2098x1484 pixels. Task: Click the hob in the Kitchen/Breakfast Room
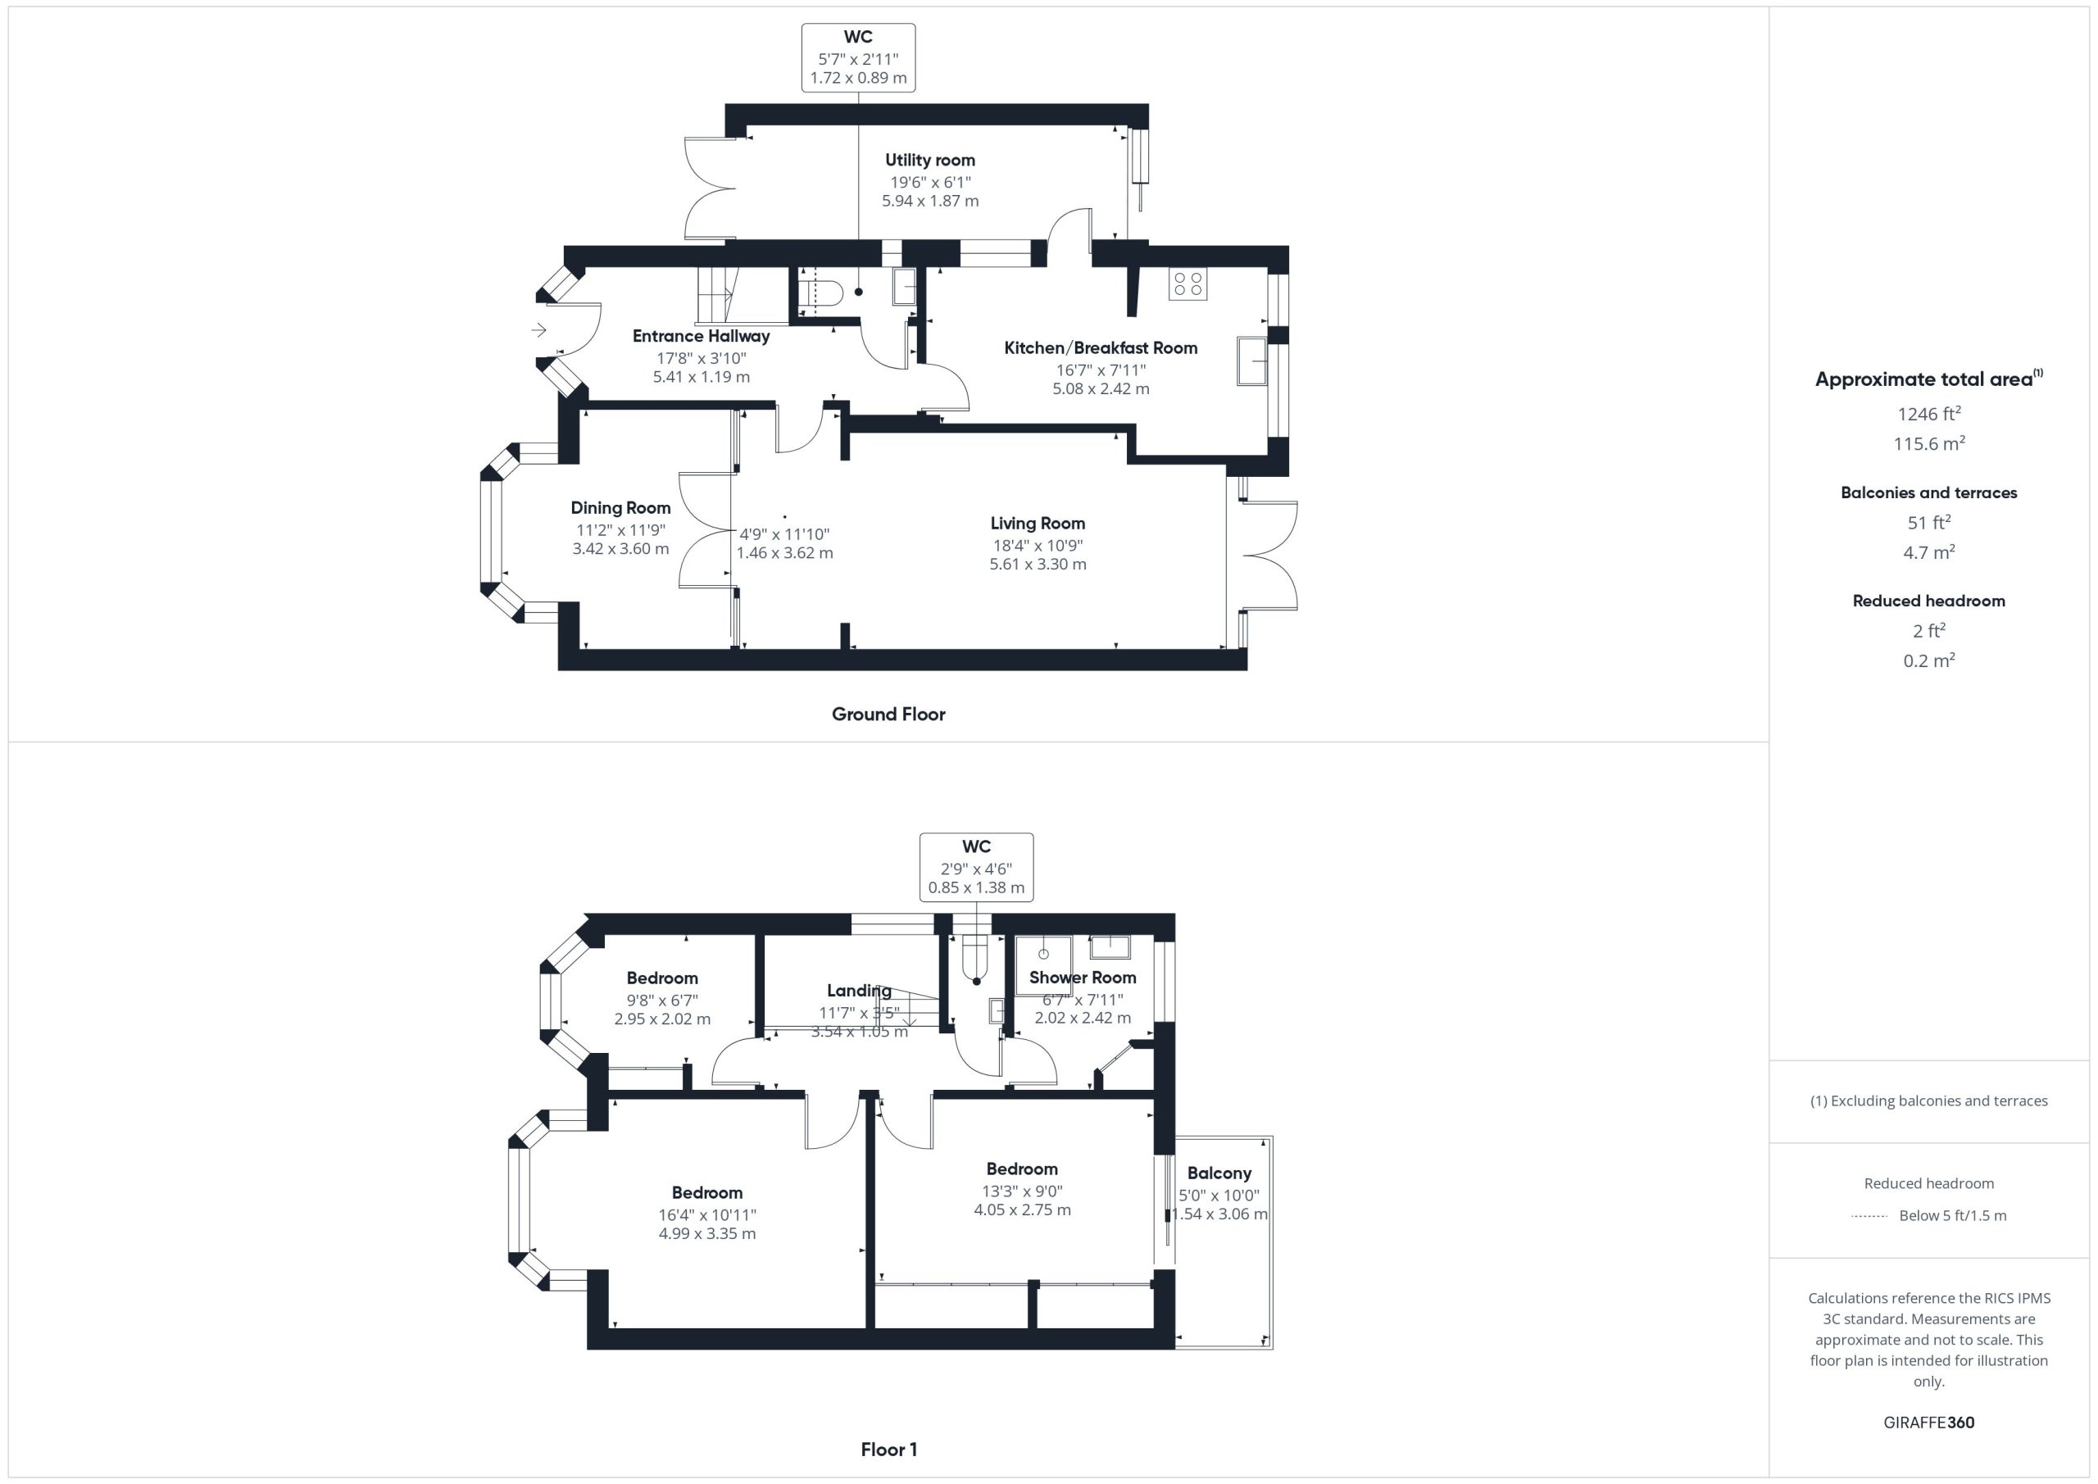tap(1187, 284)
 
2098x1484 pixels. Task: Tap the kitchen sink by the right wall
tap(1252, 361)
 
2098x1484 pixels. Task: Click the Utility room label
tap(929, 160)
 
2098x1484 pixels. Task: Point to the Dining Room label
tap(620, 508)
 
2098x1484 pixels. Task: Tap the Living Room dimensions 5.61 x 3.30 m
tap(1038, 564)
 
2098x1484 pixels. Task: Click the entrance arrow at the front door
tap(539, 330)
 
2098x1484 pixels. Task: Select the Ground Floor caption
tap(888, 715)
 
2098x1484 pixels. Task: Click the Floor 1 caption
tap(888, 1450)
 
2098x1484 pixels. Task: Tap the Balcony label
tap(1219, 1173)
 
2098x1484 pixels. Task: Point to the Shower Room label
tap(1082, 978)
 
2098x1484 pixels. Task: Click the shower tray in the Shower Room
tap(1043, 966)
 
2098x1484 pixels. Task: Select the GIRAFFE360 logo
tap(1929, 1423)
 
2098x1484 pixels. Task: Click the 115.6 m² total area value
tap(1929, 443)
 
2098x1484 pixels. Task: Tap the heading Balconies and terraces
tap(1929, 492)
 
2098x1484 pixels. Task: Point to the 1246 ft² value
tap(1929, 413)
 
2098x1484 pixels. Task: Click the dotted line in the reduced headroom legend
tap(1869, 1216)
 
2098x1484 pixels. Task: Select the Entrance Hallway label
tap(701, 336)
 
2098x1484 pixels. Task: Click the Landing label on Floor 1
tap(858, 991)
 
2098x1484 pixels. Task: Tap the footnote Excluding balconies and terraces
tap(1929, 1101)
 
